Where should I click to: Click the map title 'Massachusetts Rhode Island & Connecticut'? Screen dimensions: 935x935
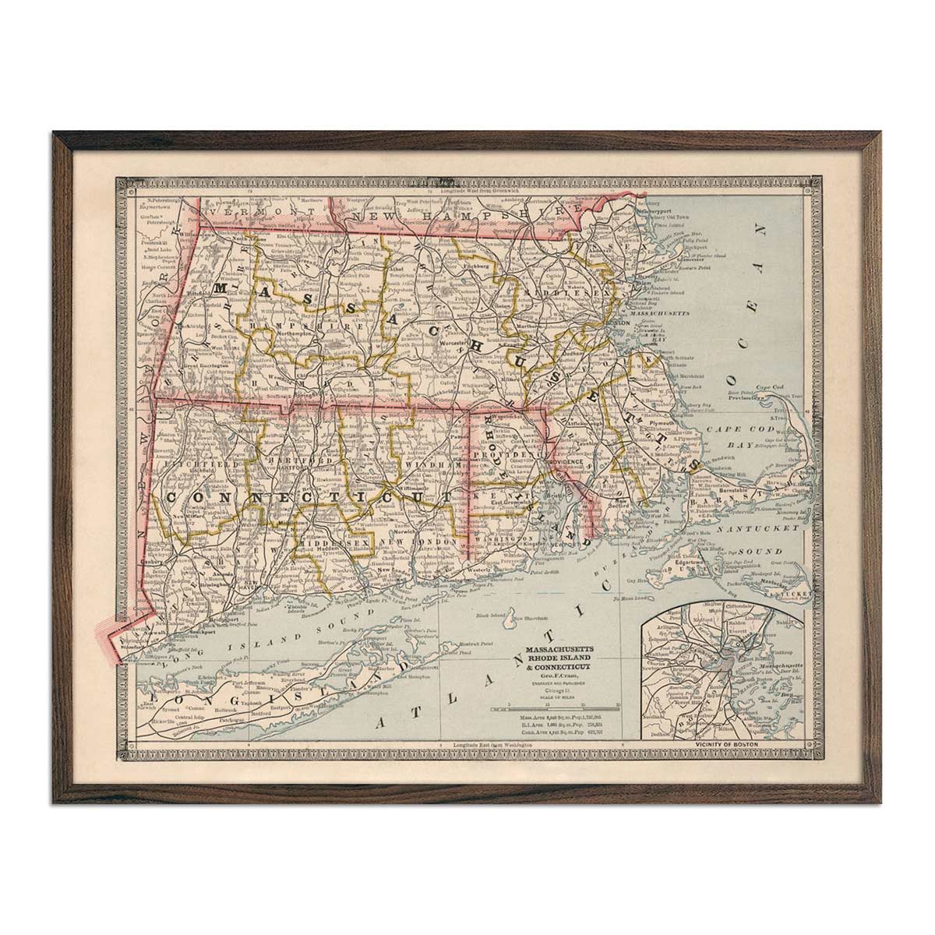click(x=560, y=658)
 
